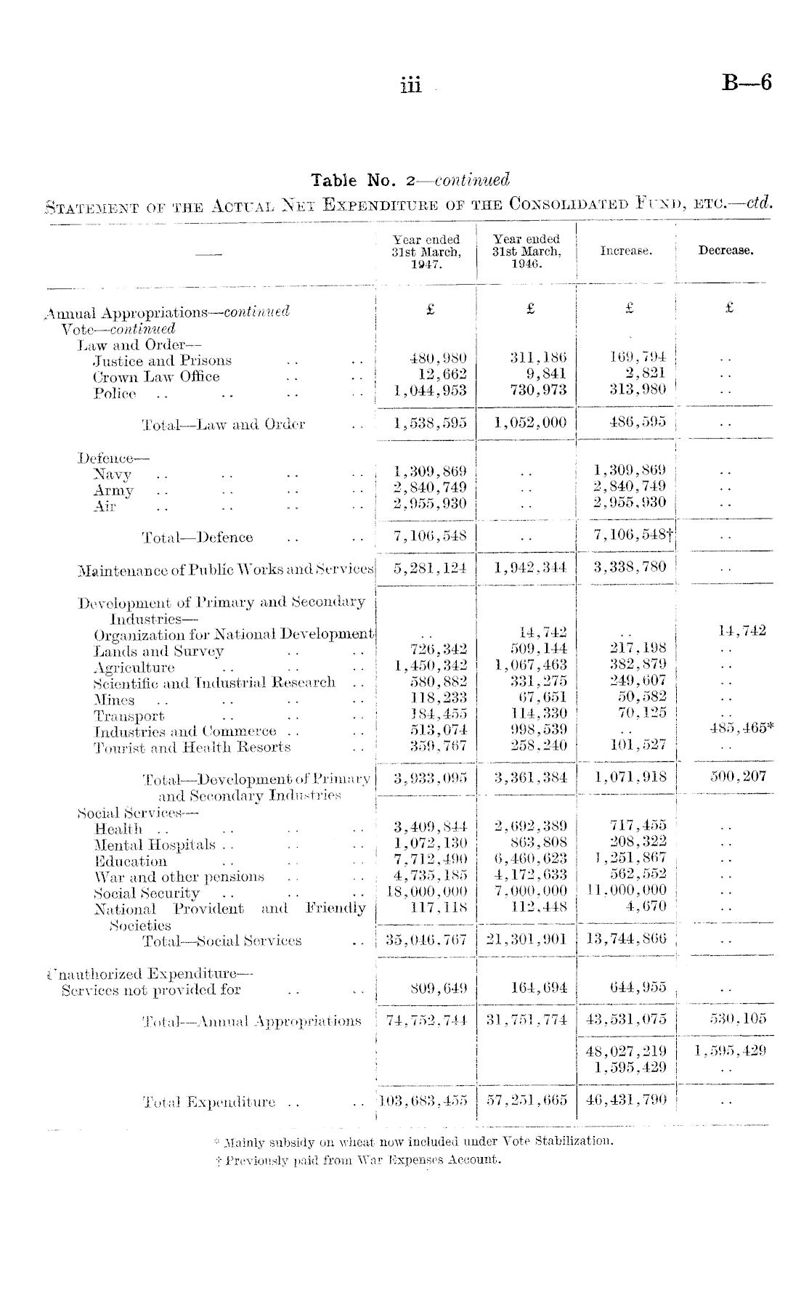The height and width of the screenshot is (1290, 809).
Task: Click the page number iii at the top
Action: [410, 85]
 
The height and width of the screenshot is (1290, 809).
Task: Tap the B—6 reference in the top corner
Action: [746, 83]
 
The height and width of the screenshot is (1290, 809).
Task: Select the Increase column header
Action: [626, 251]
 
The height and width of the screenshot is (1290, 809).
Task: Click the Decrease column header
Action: [725, 251]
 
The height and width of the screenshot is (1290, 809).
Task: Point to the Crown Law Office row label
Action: [156, 376]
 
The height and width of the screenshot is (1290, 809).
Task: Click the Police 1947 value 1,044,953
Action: [430, 391]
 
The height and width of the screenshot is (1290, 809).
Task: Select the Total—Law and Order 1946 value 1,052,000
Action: [530, 423]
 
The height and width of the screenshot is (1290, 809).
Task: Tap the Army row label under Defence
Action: [114, 490]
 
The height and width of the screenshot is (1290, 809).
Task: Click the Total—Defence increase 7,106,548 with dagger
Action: [632, 536]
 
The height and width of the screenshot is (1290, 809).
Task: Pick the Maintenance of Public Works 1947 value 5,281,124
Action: [430, 567]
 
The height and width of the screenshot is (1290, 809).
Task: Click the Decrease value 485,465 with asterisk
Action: [741, 729]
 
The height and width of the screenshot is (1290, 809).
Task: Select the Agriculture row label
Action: [134, 668]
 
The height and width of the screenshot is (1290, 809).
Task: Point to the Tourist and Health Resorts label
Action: [192, 747]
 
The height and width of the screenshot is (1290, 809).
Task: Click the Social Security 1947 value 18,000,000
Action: [430, 891]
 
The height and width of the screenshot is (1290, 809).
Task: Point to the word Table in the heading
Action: [334, 179]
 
